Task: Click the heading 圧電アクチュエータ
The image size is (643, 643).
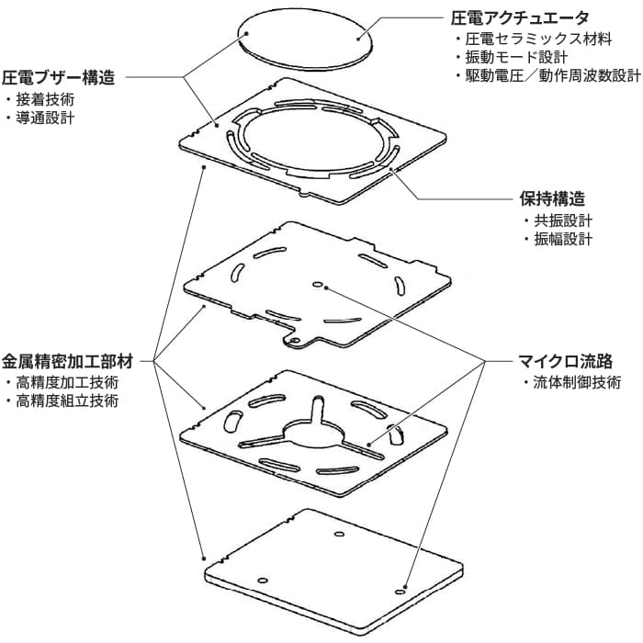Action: click(x=521, y=17)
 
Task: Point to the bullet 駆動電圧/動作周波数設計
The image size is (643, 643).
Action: click(x=546, y=75)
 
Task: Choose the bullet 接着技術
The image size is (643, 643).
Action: click(x=45, y=99)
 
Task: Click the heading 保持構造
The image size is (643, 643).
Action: click(x=553, y=198)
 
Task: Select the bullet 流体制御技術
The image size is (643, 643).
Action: click(x=576, y=382)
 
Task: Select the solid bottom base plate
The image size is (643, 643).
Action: click(x=331, y=570)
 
